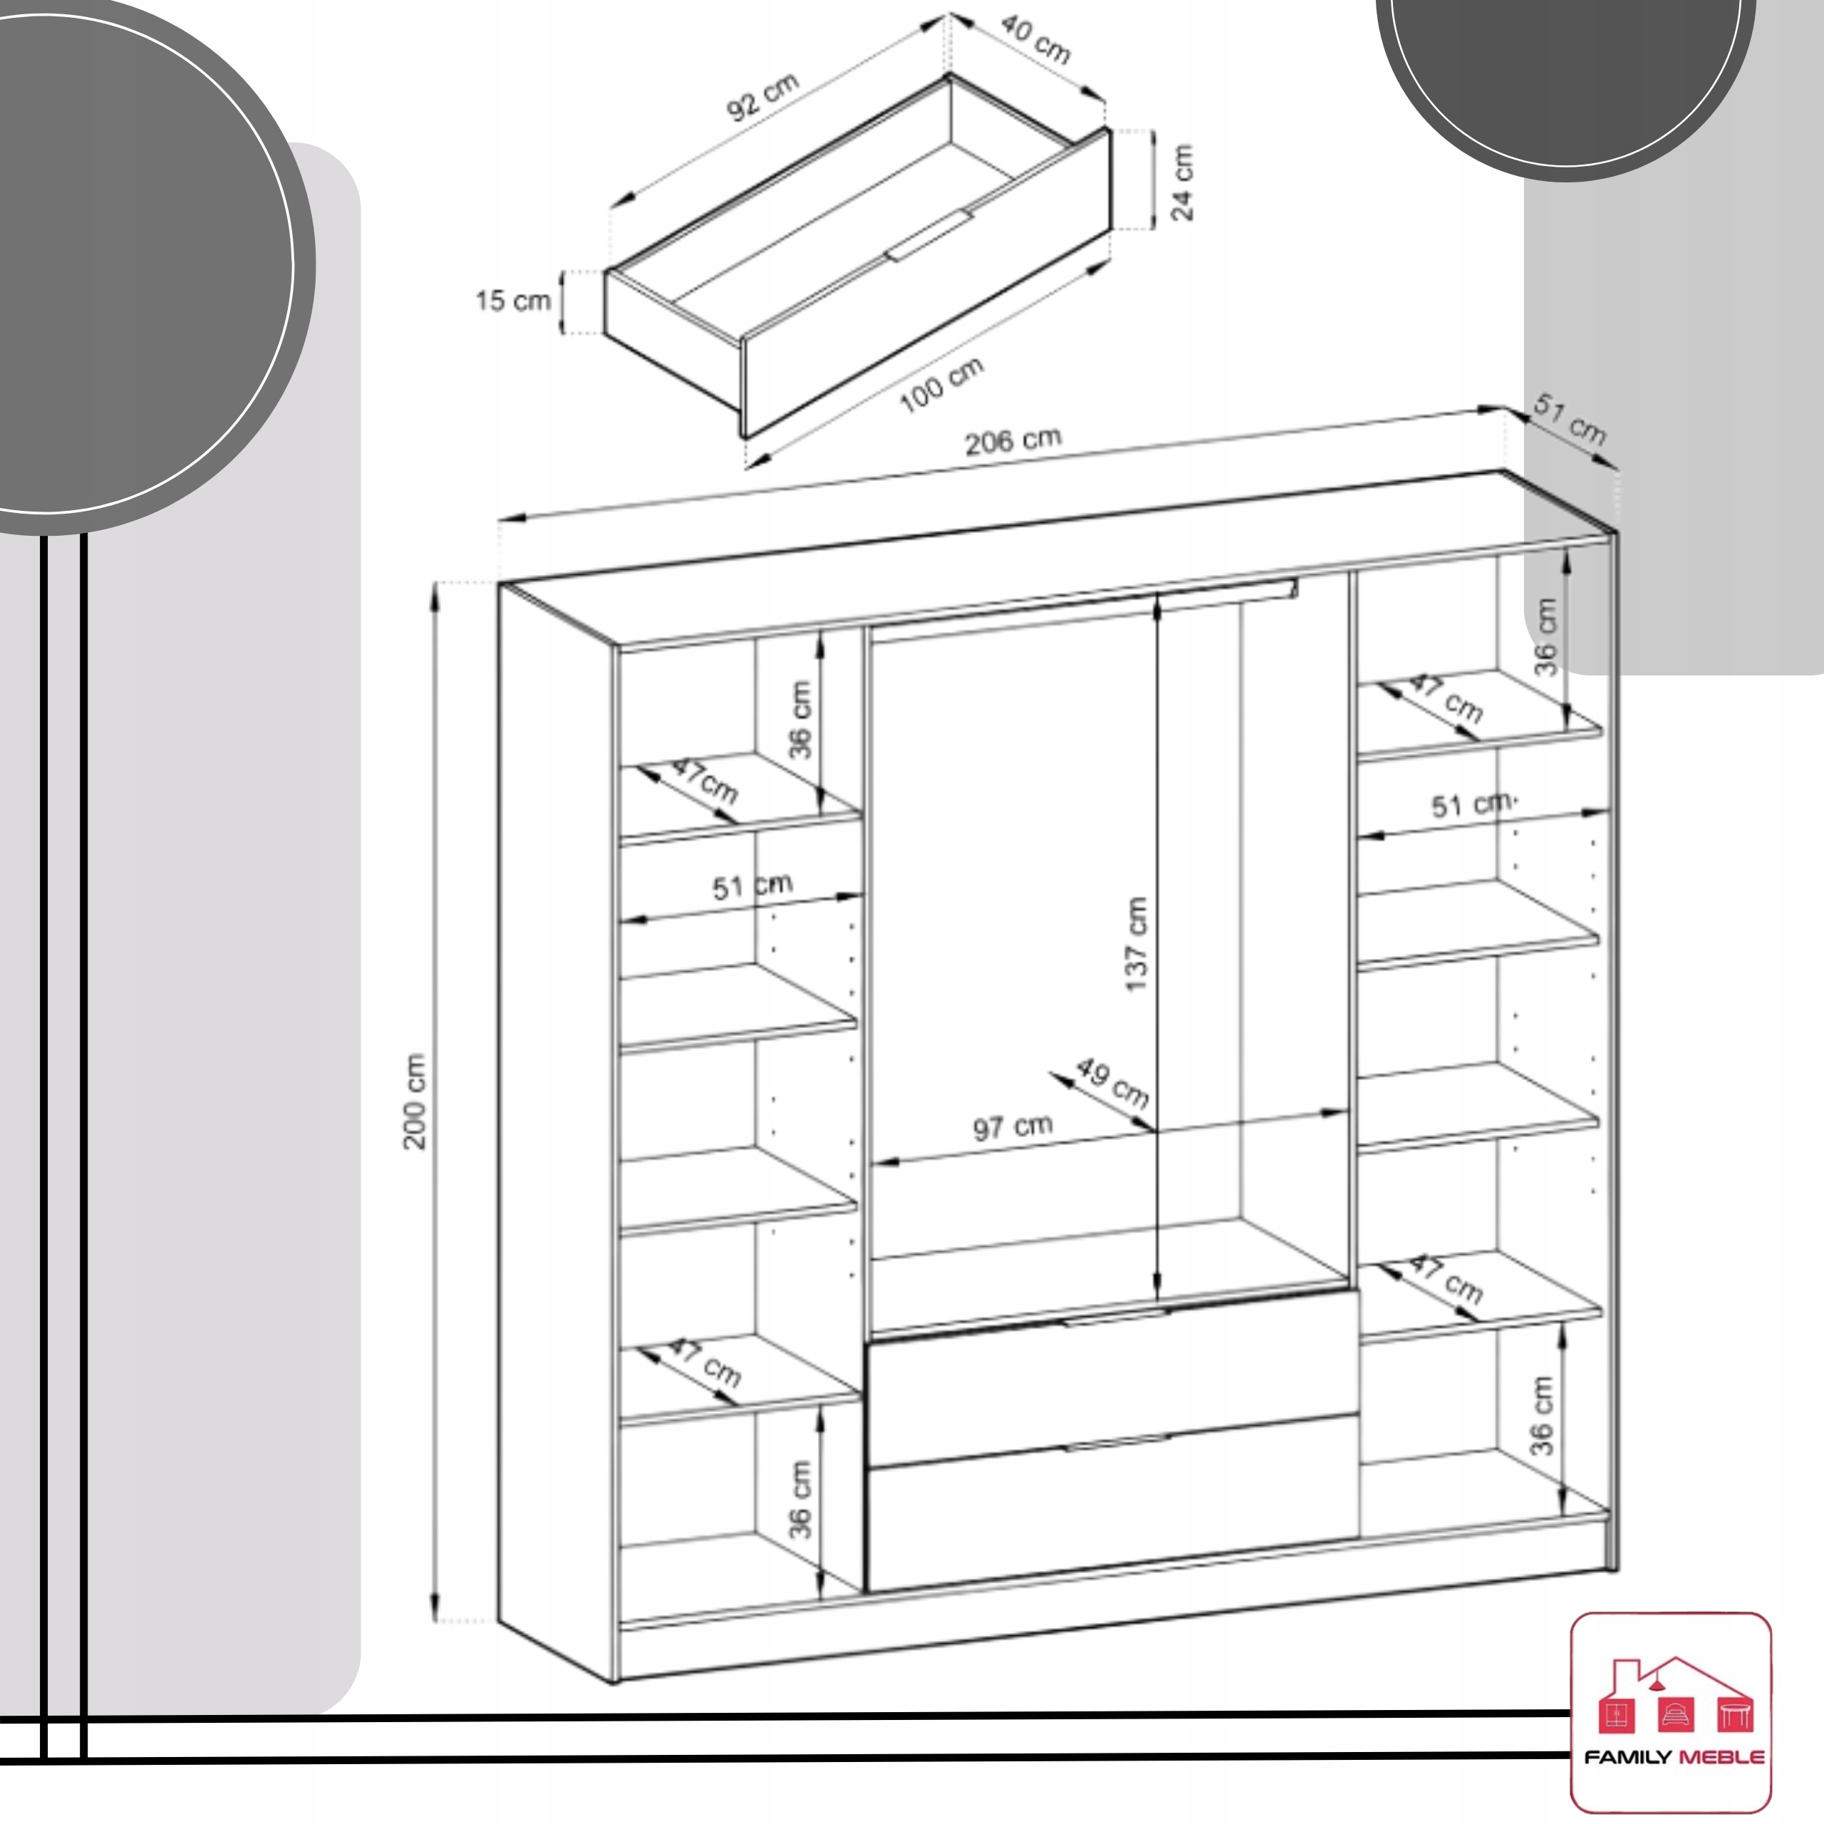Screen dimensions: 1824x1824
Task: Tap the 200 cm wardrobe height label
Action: point(415,1101)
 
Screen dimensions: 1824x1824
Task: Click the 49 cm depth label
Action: point(1113,1083)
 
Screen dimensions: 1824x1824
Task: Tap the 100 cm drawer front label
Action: point(941,384)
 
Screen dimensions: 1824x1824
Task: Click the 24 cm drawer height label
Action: point(1182,182)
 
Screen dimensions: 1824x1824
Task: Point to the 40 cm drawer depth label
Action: point(1036,41)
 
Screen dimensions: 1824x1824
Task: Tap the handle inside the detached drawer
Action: point(930,236)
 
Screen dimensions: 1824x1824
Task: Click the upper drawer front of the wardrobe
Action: point(1113,1379)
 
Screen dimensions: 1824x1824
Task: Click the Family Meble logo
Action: point(1671,1711)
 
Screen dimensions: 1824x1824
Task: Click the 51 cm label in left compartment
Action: point(752,886)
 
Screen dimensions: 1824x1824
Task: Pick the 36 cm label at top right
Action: point(1545,636)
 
